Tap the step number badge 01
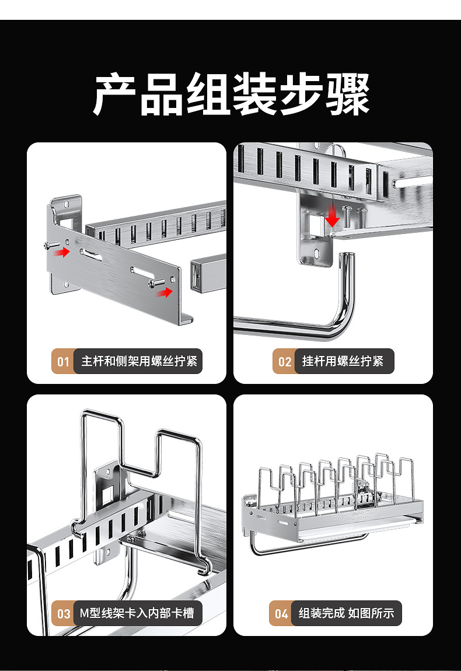pos(63,362)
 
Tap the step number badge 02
pos(284,362)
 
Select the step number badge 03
pos(63,614)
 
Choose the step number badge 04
pos(281,614)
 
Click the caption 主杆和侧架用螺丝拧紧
pos(139,361)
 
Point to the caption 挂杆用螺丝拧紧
pos(343,361)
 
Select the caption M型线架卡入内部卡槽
pos(137,613)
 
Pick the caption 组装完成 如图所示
pos(346,613)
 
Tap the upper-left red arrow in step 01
pos(62,251)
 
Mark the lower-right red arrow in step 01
pos(166,292)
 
